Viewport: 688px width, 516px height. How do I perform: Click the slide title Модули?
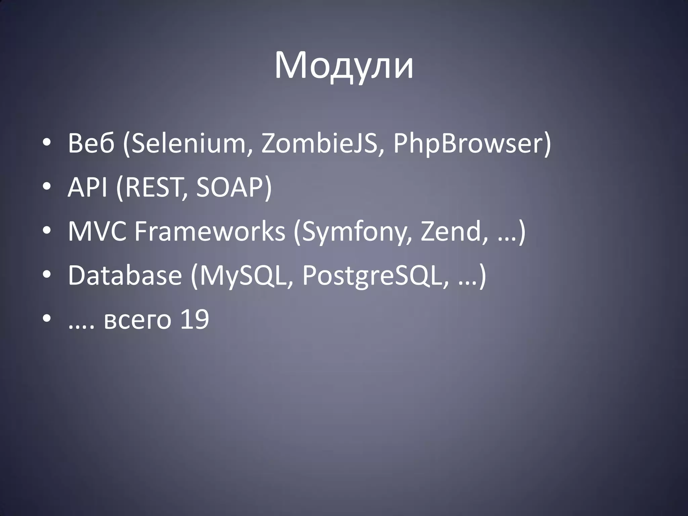tap(344, 66)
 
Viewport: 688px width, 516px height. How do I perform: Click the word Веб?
tap(91, 143)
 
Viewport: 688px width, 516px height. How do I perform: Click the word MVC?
tap(97, 231)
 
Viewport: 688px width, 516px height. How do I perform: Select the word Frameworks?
tap(210, 231)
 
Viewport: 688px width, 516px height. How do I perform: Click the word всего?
tap(137, 320)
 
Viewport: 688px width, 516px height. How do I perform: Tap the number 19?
tap(195, 319)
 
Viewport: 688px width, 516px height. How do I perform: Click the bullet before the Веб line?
tap(47, 144)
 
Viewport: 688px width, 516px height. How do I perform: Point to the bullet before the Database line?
tap(47, 276)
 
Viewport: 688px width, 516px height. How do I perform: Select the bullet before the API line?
tap(47, 188)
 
